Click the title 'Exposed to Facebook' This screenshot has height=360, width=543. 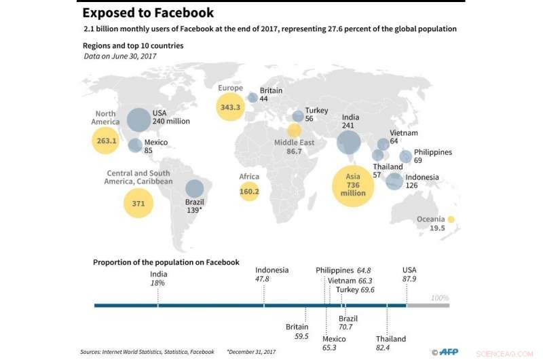[148, 13]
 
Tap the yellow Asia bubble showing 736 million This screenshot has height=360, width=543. [354, 184]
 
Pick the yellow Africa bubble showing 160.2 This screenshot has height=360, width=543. [250, 192]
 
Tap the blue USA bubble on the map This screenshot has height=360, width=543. [138, 120]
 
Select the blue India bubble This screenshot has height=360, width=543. [349, 142]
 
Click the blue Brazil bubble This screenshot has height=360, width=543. [195, 189]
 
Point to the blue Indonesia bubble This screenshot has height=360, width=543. [394, 181]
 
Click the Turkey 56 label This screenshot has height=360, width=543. [316, 114]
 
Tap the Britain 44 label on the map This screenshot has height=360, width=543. [271, 94]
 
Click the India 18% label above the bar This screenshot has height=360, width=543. [158, 278]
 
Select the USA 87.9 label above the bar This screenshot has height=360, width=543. [409, 274]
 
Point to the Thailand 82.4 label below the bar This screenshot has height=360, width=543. [390, 343]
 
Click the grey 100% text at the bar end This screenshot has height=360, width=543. [440, 298]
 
